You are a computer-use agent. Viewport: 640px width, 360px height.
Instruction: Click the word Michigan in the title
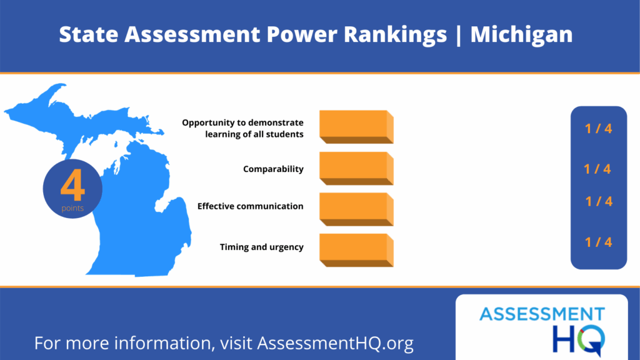522,35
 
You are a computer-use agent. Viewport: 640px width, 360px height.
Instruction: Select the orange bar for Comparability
356,169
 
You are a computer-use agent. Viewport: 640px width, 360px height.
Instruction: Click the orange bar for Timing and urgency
356,250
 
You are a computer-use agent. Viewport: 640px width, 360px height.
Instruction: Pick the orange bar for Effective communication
356,209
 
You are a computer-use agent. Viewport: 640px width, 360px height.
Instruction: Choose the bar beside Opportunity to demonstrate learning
356,127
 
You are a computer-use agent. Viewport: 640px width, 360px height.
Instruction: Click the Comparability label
273,169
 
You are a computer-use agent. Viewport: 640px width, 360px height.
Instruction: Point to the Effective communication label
250,206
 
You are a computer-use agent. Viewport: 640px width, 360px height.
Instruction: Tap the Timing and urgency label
262,247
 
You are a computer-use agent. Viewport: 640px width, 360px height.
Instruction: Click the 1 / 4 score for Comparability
597,169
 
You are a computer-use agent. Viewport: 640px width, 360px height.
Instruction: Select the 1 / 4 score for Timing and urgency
598,242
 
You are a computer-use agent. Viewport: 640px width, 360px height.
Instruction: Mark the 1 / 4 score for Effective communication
599,201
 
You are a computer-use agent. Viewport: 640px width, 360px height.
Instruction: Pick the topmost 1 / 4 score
598,129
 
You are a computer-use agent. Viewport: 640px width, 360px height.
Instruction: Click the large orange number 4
72,186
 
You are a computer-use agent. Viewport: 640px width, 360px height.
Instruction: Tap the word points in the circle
72,208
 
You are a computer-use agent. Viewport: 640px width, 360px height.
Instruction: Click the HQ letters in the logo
579,339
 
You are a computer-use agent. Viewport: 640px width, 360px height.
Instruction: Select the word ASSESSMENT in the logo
542,315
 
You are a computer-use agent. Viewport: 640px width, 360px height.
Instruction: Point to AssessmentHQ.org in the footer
335,343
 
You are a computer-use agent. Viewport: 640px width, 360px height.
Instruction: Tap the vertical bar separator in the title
459,36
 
